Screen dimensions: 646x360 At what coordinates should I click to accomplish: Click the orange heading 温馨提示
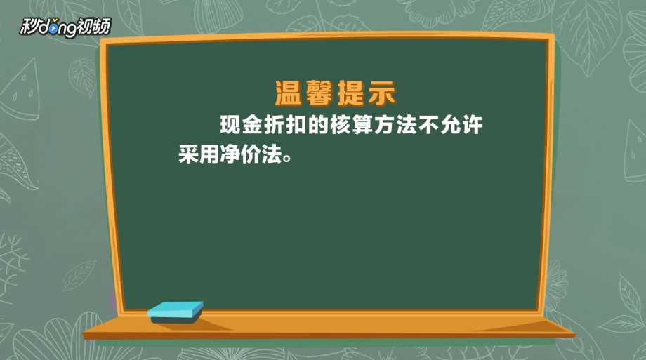(336, 93)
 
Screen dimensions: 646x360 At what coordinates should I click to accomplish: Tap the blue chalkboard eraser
(175, 312)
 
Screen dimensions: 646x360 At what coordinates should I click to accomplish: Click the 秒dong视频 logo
(65, 27)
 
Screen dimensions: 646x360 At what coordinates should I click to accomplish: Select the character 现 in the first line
(230, 124)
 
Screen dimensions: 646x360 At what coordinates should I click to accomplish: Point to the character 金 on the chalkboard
(252, 124)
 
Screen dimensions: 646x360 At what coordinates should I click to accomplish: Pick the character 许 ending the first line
(472, 124)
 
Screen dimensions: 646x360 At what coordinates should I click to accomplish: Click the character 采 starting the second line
(189, 154)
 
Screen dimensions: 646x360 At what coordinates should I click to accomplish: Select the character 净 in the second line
(230, 154)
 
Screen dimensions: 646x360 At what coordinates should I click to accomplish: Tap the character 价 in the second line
(251, 154)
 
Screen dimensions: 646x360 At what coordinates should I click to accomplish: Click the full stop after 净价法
(287, 158)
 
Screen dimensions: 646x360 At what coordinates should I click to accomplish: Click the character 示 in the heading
(382, 93)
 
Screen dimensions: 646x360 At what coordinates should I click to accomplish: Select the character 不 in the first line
(428, 124)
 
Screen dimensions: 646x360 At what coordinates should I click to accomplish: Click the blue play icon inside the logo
(53, 28)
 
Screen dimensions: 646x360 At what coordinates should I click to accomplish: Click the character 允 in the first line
(450, 124)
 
